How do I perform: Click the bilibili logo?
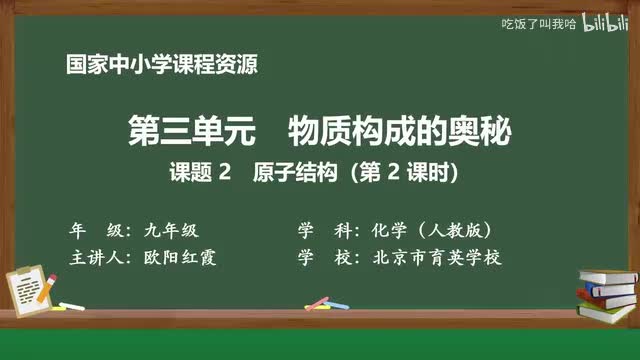604,21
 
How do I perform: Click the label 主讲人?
96,257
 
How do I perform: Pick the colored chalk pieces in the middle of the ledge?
318,303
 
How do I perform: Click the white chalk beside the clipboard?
71,305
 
